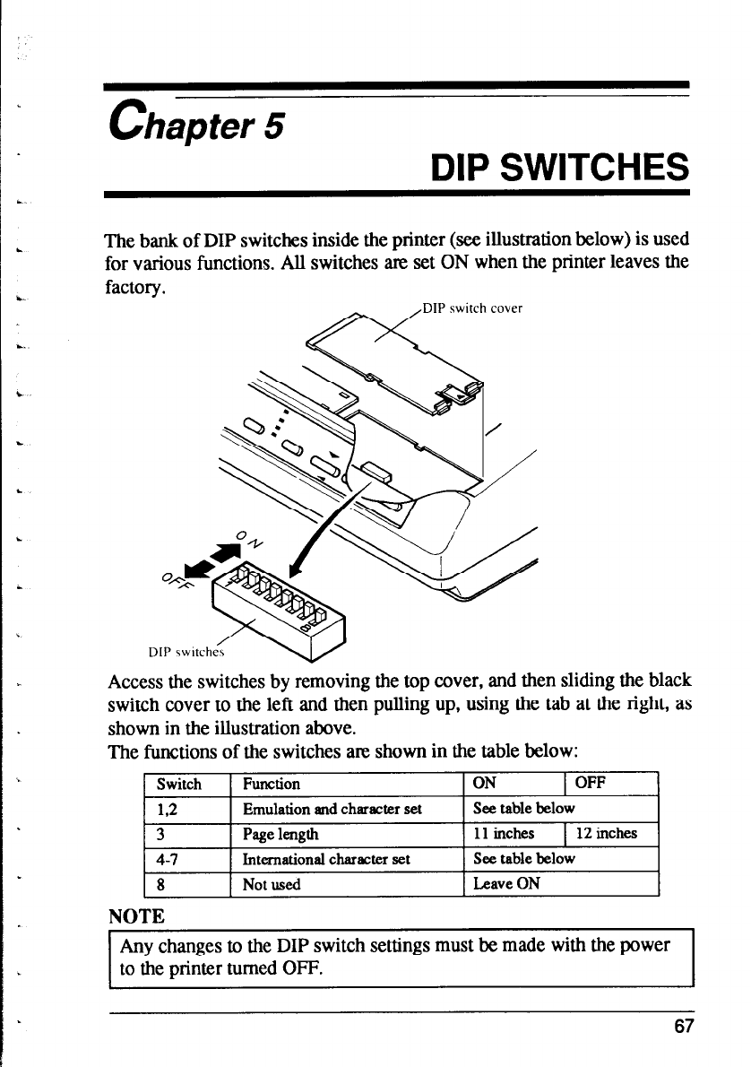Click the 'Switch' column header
click(179, 784)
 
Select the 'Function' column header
click(265, 784)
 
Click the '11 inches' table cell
click(504, 833)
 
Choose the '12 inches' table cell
click(606, 833)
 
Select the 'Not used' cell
click(272, 884)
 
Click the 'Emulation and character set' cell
click(332, 808)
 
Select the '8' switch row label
click(160, 884)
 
